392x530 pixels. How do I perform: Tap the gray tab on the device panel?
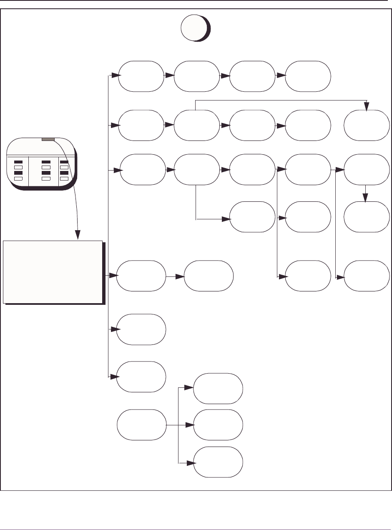coord(48,140)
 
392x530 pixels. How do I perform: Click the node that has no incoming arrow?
coord(141,425)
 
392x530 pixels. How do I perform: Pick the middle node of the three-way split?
coord(218,425)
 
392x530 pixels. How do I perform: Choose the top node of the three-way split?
coord(218,388)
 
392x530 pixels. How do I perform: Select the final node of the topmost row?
coord(308,76)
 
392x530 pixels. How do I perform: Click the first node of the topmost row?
coord(141,76)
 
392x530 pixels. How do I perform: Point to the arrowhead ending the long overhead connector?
coord(367,108)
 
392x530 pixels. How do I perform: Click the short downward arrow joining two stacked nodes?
coord(366,193)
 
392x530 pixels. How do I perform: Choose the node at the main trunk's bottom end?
coord(141,377)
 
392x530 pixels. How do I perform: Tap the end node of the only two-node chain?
coord(209,276)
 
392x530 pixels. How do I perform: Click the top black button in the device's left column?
coord(18,162)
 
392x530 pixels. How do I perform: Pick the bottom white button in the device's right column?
coord(64,178)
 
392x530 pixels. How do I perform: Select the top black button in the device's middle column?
coord(46,162)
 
